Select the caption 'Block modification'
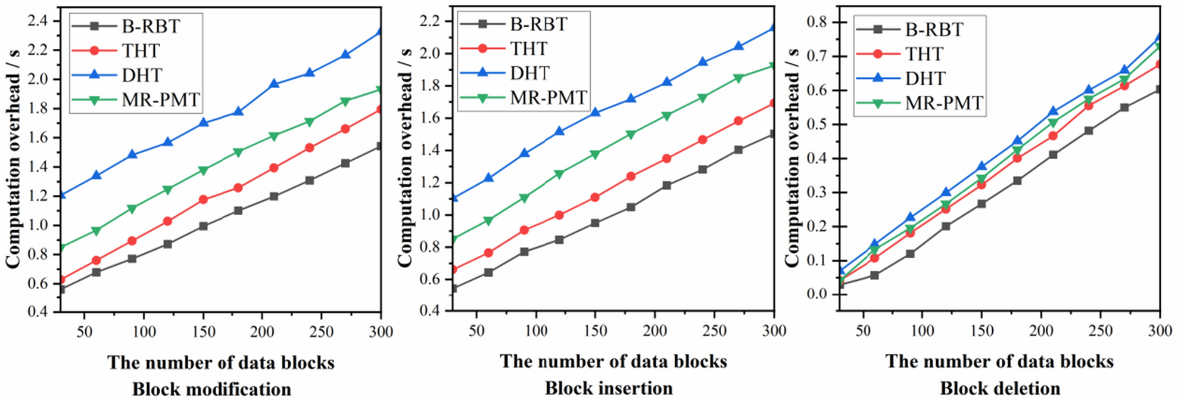tap(211, 389)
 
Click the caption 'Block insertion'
tap(609, 388)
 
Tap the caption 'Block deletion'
tap(1000, 388)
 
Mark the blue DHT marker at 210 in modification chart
tap(274, 84)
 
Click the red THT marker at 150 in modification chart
tap(203, 199)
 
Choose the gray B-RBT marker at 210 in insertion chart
tap(666, 185)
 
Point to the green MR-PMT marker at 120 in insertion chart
tap(559, 174)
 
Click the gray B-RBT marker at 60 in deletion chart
tap(874, 275)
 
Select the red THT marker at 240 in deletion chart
tap(1088, 106)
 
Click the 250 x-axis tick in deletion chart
tap(1100, 330)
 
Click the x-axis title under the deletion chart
tap(999, 361)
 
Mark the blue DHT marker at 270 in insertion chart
tap(738, 46)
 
